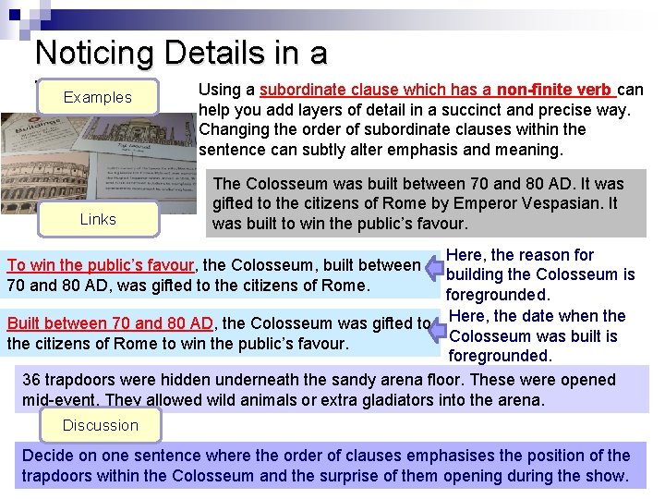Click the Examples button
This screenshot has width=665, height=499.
click(x=97, y=97)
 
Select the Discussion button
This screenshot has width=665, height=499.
click(x=100, y=425)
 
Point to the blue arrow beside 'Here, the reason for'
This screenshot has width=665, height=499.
click(x=434, y=268)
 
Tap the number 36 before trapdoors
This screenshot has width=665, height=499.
click(x=31, y=380)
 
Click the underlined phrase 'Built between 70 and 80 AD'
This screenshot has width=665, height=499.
click(x=110, y=323)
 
